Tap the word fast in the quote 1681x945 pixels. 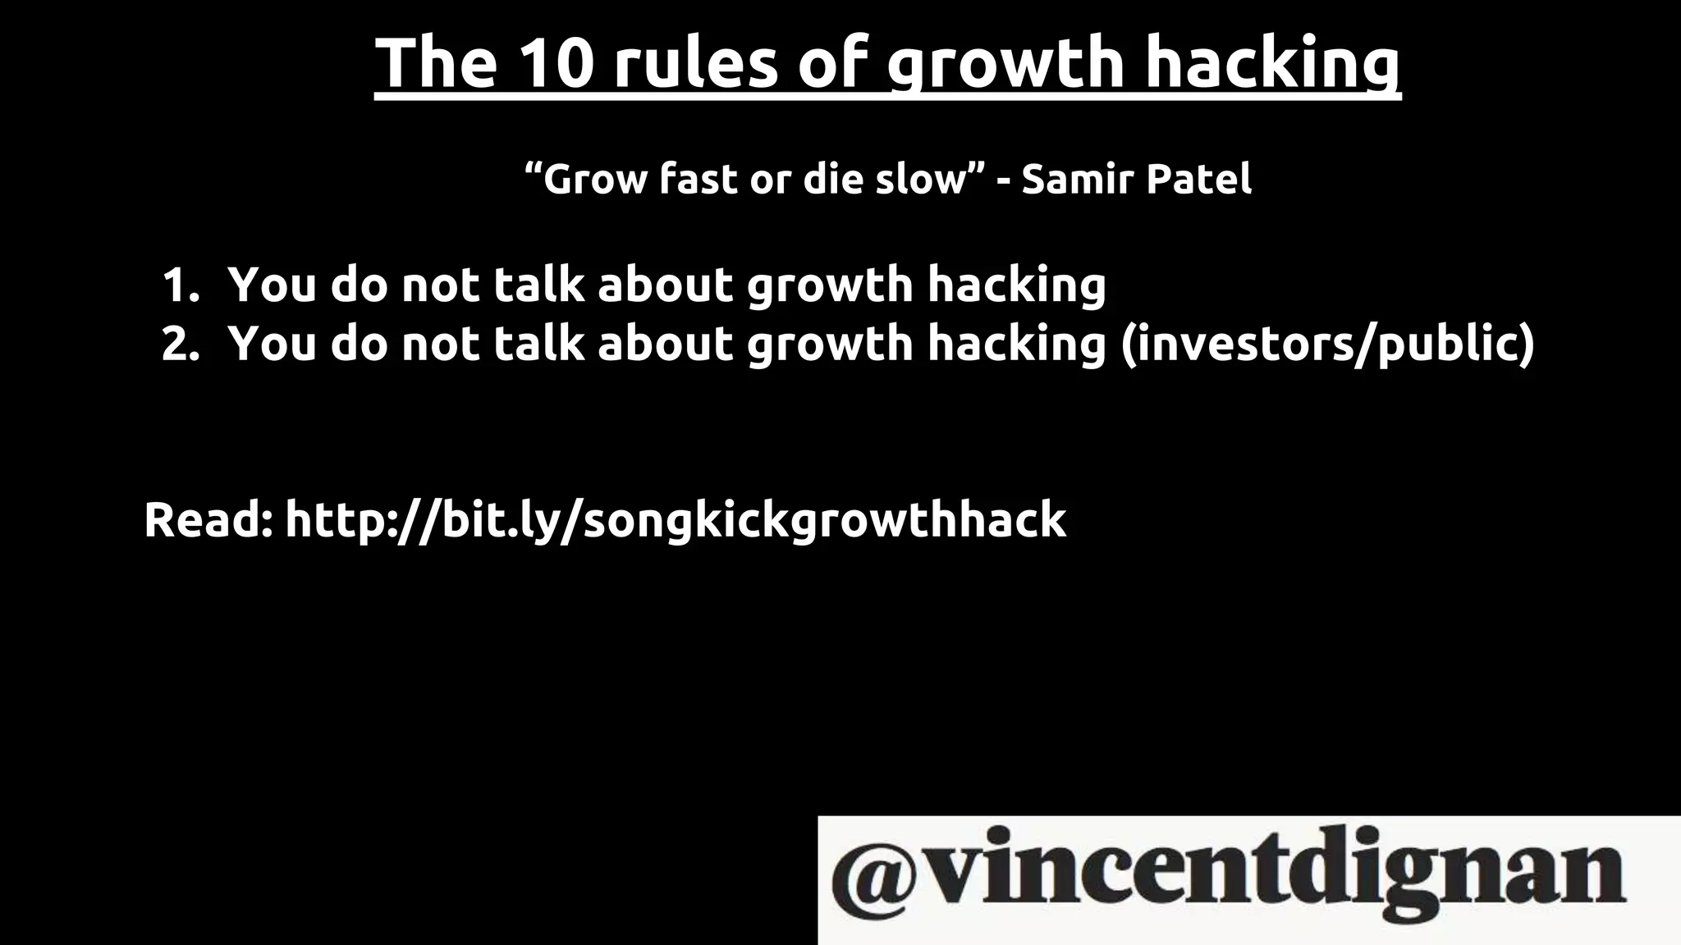coord(699,179)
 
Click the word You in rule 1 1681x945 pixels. coord(273,285)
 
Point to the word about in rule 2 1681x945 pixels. coord(665,344)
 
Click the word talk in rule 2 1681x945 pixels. coord(538,344)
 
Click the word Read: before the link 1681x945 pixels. coord(208,520)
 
